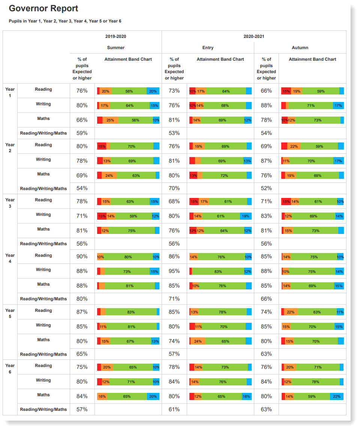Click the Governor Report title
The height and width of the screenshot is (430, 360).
[x=43, y=9]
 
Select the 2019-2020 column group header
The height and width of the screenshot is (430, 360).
[x=115, y=36]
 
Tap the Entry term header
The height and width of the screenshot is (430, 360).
[x=208, y=48]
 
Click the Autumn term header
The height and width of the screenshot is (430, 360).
[x=300, y=48]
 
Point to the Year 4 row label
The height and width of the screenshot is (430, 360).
[x=10, y=258]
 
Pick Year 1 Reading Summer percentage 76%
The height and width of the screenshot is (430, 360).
[x=82, y=91]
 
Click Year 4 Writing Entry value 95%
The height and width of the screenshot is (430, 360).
[x=174, y=271]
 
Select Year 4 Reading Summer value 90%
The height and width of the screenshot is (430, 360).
[x=82, y=257]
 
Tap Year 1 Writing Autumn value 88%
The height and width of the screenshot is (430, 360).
[x=266, y=106]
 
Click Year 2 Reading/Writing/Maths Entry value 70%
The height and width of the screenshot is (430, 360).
[x=174, y=189]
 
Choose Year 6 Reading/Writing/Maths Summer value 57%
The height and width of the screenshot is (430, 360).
[x=82, y=409]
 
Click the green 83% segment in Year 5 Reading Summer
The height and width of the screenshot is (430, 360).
[x=131, y=312]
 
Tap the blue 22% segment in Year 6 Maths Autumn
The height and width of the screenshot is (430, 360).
[x=337, y=397]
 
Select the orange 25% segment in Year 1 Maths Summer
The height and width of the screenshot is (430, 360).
[x=110, y=120]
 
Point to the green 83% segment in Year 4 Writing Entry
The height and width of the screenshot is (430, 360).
[x=218, y=271]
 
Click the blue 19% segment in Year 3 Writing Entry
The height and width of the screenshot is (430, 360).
[x=246, y=216]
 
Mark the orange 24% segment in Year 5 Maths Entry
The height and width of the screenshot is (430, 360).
[x=198, y=342]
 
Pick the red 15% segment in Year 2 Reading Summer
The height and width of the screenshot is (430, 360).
[x=102, y=146]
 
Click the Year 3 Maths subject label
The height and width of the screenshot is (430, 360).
[x=43, y=229]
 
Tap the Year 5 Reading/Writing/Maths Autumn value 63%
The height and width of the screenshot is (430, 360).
[x=266, y=354]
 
